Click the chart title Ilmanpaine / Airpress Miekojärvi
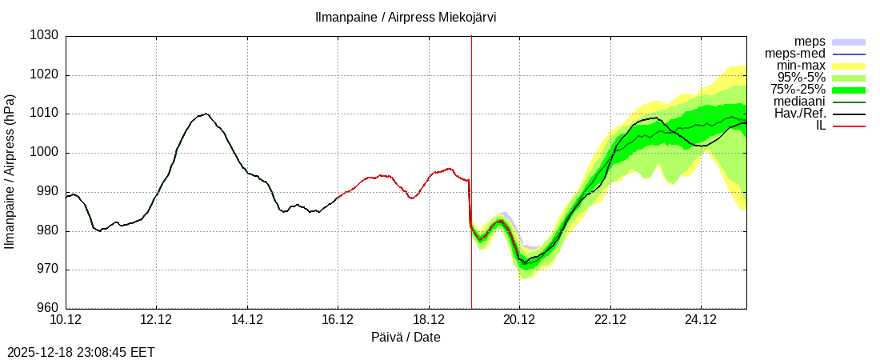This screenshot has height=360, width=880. click(x=406, y=18)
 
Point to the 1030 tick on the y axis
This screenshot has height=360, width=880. click(x=45, y=36)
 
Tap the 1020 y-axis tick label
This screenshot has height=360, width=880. click(x=45, y=75)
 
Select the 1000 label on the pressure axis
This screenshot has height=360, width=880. click(x=45, y=153)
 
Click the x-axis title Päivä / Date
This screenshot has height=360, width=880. click(x=406, y=338)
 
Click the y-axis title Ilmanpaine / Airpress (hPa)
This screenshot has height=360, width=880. click(x=10, y=172)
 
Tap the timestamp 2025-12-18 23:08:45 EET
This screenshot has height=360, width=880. click(x=81, y=352)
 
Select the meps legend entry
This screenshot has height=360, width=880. click(x=810, y=42)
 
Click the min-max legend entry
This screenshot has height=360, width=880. click(x=801, y=66)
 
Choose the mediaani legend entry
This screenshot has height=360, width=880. click(x=799, y=102)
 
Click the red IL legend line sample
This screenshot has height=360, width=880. click(x=849, y=126)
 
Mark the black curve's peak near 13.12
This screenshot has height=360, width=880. click(x=206, y=114)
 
